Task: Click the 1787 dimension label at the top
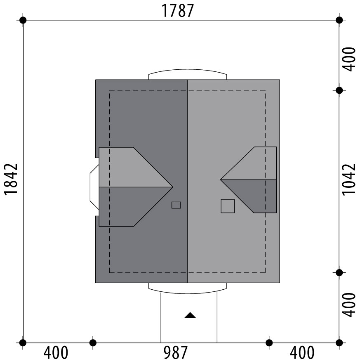177,11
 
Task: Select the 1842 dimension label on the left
11,179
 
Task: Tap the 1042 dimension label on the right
349,180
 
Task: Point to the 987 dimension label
175,352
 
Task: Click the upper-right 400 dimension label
349,59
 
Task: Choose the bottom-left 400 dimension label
56,352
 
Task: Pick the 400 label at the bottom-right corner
302,352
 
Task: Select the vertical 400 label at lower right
349,305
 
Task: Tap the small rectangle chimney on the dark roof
176,205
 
